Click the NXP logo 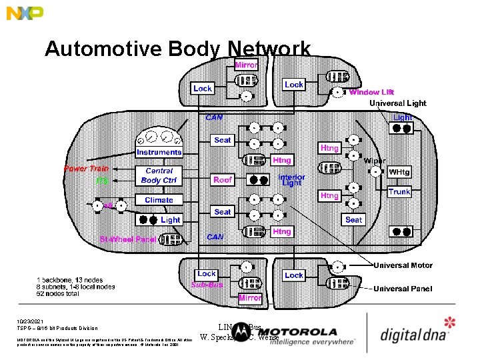click(25, 13)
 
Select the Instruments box click(159, 153)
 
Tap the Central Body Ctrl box click(159, 175)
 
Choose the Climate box click(159, 200)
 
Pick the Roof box click(223, 180)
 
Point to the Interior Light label click(291, 180)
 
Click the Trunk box click(399, 192)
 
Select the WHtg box click(399, 173)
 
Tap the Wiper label click(375, 161)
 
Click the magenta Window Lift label click(371, 92)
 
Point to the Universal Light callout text click(398, 103)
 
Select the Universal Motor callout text click(403, 265)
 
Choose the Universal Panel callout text click(403, 289)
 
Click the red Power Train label click(86, 169)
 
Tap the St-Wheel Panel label click(123, 239)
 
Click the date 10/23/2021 click(31, 321)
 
